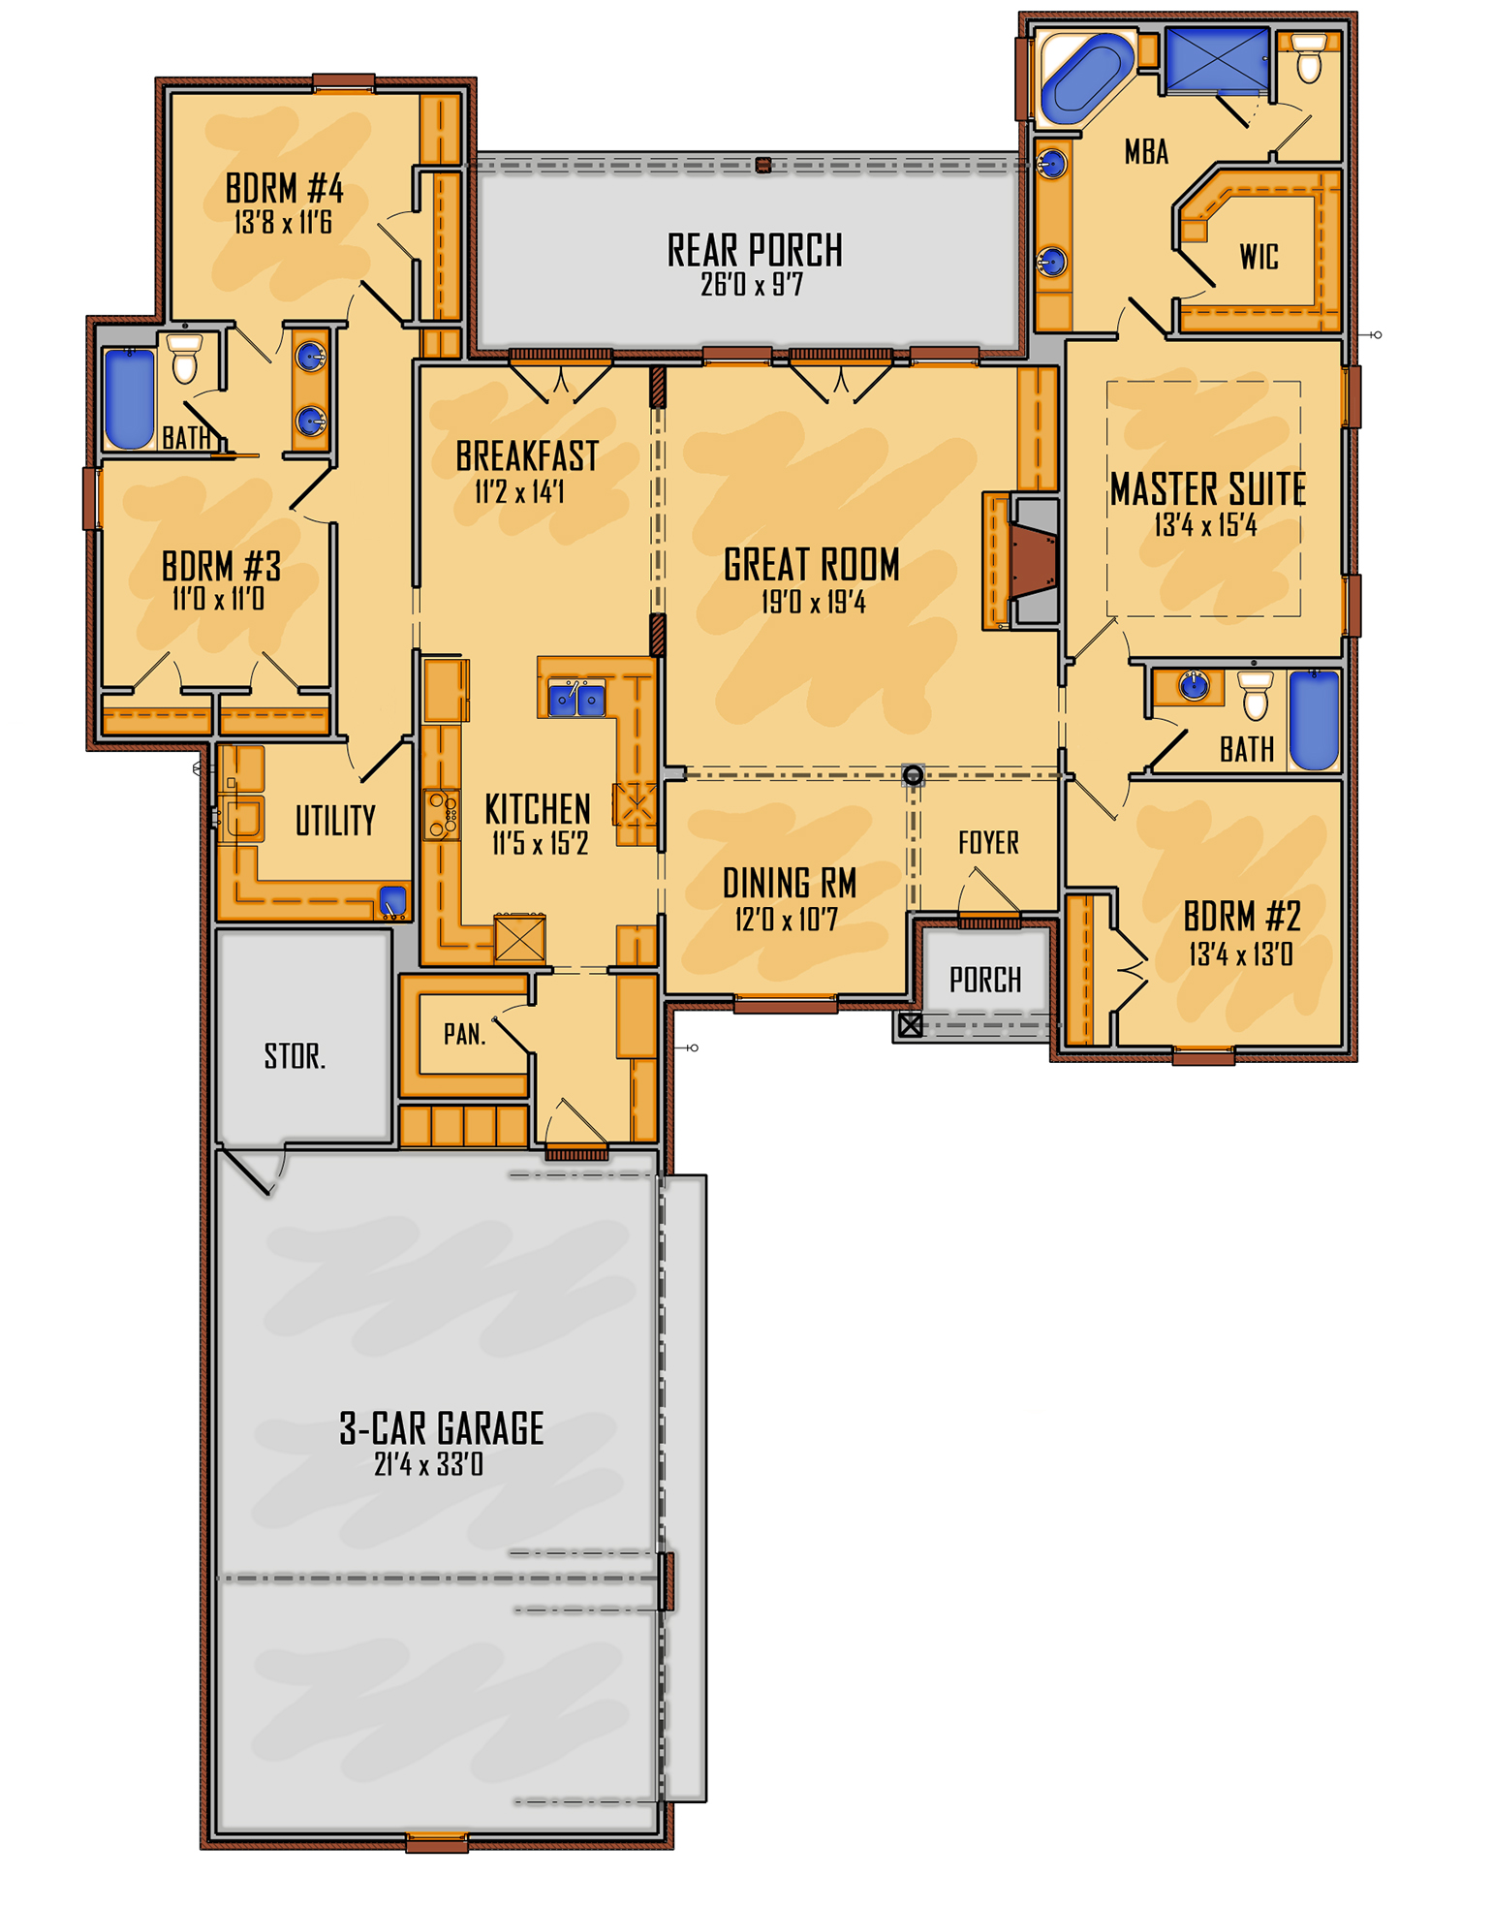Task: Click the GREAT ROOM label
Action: click(x=811, y=565)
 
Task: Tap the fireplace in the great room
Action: click(x=1032, y=559)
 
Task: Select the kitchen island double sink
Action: click(x=577, y=698)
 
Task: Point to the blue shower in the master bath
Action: click(x=1217, y=59)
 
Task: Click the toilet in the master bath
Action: click(x=1309, y=60)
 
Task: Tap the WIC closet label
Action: click(x=1259, y=257)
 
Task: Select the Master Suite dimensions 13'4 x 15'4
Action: click(x=1205, y=526)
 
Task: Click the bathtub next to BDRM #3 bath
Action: click(x=130, y=398)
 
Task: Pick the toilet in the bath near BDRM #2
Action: click(x=1256, y=696)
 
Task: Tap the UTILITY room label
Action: click(x=335, y=822)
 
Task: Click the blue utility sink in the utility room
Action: click(x=392, y=901)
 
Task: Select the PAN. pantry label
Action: click(x=465, y=1035)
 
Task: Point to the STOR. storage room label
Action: click(x=295, y=1056)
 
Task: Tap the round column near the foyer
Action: click(x=913, y=775)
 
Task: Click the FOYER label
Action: click(x=988, y=843)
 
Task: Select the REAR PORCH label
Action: click(x=755, y=250)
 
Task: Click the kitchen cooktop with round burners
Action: click(x=443, y=814)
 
